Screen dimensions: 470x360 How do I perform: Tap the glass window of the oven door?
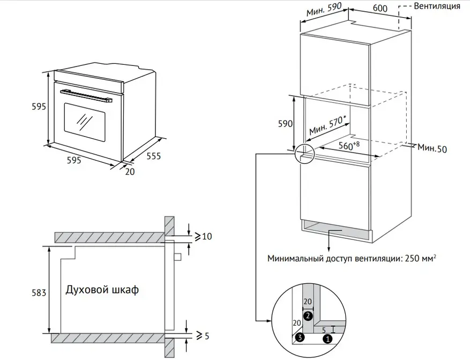click(x=85, y=122)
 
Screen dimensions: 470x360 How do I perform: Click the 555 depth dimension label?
click(x=154, y=156)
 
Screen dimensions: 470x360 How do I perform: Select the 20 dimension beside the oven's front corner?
click(x=130, y=171)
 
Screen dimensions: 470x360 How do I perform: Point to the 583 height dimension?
click(x=39, y=292)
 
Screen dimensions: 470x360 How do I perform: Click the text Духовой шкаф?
click(x=102, y=290)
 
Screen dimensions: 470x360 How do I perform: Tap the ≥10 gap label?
click(x=204, y=236)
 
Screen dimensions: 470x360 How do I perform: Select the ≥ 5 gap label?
click(x=203, y=336)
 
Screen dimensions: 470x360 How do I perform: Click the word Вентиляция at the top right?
click(x=437, y=6)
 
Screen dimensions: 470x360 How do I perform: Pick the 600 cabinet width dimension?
click(x=380, y=8)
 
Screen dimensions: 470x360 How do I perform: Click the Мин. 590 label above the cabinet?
click(x=324, y=10)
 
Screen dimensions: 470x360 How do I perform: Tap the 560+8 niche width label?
click(x=349, y=146)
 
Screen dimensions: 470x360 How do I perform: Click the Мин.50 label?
click(x=432, y=148)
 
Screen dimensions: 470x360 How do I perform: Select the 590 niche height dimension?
click(x=285, y=124)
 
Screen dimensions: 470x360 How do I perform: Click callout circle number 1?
click(x=328, y=339)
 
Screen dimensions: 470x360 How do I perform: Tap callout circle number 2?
click(x=308, y=316)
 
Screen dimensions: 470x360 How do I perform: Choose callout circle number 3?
click(x=300, y=337)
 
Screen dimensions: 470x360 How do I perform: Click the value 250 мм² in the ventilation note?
click(x=420, y=258)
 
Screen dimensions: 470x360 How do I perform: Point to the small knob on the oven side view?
click(x=177, y=257)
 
